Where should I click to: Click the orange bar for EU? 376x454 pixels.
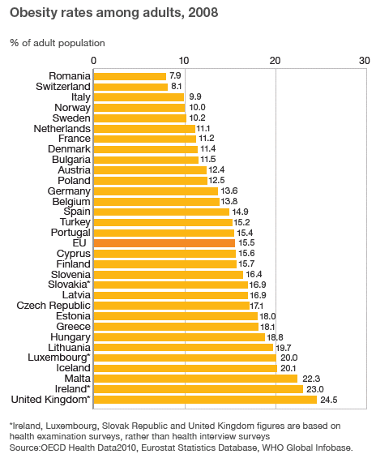tap(164, 242)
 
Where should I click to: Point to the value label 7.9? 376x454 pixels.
tap(175, 75)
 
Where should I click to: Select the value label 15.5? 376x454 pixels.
tap(245, 242)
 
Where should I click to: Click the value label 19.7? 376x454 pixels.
tap(283, 347)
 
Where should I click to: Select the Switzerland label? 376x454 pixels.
tap(62, 86)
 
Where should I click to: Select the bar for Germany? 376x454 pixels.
tap(156, 191)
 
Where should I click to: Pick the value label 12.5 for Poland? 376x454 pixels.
tap(216, 180)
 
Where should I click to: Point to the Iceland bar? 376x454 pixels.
tap(186, 367)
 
